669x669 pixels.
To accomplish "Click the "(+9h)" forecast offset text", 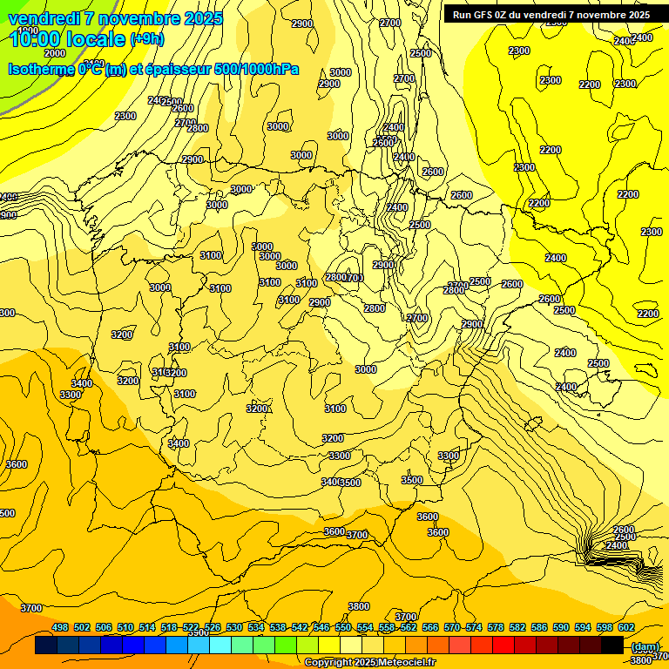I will coord(146,38).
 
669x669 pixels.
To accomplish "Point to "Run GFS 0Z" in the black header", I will coord(481,15).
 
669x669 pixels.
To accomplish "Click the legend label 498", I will coord(60,627).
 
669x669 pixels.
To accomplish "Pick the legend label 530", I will coord(234,627).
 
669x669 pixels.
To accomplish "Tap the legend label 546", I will coord(321,627).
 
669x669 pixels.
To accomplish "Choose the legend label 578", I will coord(496,627).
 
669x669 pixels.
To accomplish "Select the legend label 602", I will coord(626,627).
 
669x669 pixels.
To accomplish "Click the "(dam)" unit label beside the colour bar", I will coord(645,646).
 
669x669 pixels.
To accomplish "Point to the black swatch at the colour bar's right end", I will coord(612,645).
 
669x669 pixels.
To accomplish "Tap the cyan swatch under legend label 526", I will coord(220,645).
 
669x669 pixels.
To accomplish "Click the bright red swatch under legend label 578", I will coord(503,645).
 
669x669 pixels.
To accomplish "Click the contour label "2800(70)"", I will coord(344,277).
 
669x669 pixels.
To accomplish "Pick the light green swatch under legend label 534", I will coord(264,645).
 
